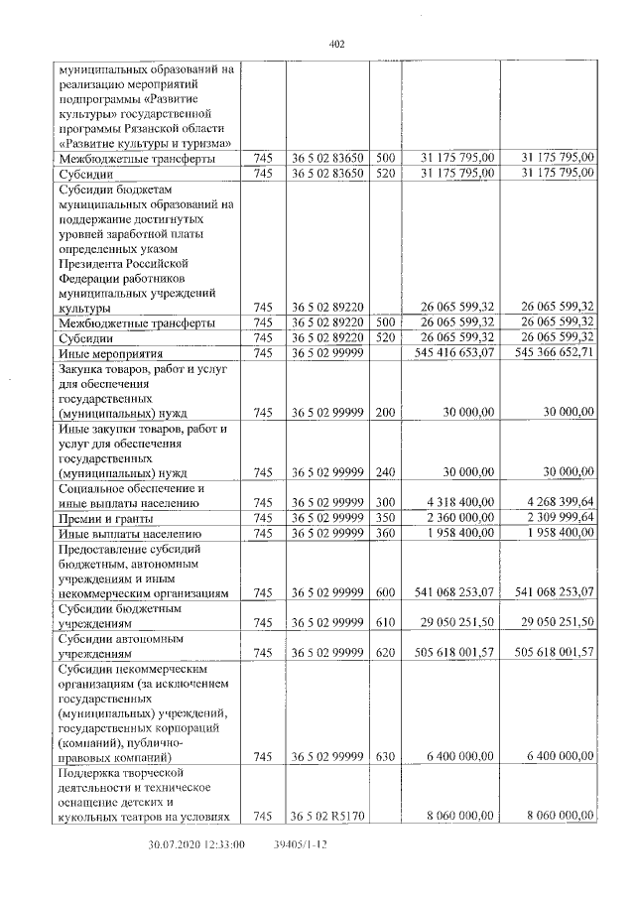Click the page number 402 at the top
(x=335, y=44)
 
